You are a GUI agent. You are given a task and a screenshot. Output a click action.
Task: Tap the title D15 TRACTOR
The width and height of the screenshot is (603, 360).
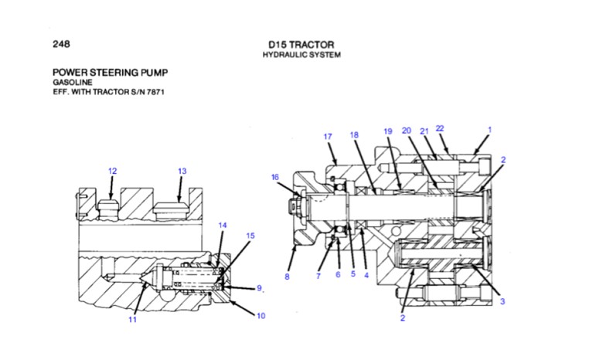click(x=301, y=44)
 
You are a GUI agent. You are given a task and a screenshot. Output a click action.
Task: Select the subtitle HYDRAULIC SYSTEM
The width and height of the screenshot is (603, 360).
click(x=301, y=55)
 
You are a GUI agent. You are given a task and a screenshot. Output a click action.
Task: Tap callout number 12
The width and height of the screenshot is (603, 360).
click(x=112, y=171)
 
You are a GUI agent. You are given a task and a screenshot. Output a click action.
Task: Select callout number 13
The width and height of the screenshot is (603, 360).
click(x=182, y=171)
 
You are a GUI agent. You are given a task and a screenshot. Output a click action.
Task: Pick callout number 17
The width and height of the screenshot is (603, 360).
click(x=328, y=137)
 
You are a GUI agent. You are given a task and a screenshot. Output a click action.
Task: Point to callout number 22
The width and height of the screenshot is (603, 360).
click(x=440, y=128)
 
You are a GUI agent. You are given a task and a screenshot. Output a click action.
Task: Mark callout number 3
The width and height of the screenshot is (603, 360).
click(x=502, y=301)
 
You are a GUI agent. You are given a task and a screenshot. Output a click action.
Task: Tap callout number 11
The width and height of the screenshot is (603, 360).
click(x=132, y=319)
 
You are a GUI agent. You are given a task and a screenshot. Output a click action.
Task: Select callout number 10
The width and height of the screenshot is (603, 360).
click(x=261, y=315)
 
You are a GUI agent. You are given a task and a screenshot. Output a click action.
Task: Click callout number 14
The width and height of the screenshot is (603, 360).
click(x=223, y=225)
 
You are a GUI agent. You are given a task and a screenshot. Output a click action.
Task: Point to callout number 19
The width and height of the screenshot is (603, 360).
click(x=388, y=131)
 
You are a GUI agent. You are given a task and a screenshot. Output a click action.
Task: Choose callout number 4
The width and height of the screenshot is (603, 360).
click(x=366, y=275)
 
